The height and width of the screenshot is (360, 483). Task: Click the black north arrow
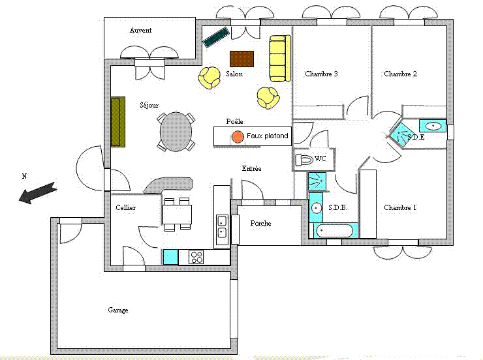click(38, 192)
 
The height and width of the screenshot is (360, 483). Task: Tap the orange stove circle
click(238, 137)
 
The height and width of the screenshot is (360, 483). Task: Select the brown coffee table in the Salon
click(241, 59)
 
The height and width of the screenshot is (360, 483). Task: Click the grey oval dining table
click(176, 132)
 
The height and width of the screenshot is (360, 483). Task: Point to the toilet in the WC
click(304, 160)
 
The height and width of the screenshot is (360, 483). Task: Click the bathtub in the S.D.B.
click(334, 231)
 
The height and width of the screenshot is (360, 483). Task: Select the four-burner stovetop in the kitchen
click(196, 257)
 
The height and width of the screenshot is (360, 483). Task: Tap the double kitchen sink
click(222, 226)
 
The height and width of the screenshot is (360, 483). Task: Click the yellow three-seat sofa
click(280, 58)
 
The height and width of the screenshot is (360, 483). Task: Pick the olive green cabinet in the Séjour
click(118, 122)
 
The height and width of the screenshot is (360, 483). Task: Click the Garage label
click(118, 310)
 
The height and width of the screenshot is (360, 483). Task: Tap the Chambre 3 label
click(321, 74)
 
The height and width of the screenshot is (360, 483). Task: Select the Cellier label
click(126, 207)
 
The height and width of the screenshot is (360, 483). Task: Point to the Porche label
click(260, 224)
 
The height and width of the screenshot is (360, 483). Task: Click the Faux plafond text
click(268, 136)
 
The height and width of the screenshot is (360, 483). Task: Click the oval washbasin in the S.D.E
click(433, 126)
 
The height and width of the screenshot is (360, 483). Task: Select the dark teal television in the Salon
click(216, 37)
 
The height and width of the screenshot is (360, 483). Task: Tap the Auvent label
click(140, 30)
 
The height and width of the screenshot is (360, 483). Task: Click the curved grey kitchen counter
click(168, 185)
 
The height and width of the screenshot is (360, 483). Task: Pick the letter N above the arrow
click(24, 176)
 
